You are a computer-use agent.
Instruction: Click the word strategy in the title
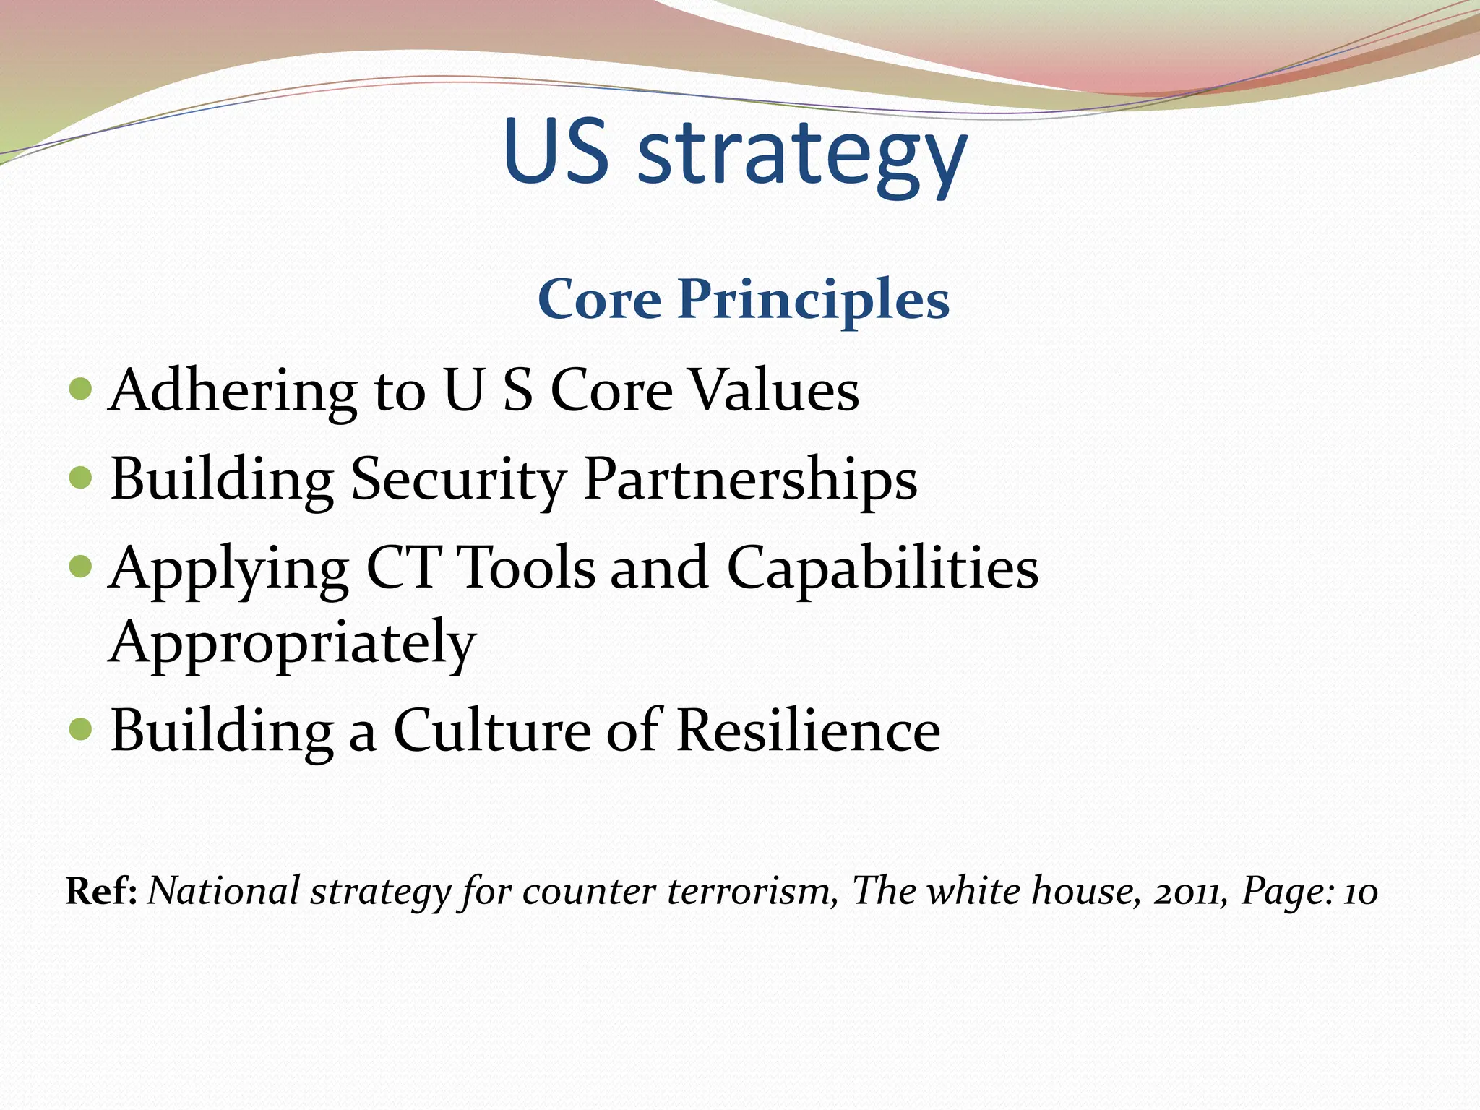click(802, 155)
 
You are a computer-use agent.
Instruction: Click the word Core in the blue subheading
click(599, 300)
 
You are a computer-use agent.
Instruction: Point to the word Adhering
click(232, 391)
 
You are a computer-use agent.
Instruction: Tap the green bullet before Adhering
click(81, 390)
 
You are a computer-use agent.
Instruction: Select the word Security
click(457, 480)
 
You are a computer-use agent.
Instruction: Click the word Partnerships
click(750, 480)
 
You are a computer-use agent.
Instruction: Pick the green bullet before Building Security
click(81, 478)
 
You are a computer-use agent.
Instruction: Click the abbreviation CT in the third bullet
click(404, 568)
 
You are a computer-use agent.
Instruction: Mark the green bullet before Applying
click(81, 567)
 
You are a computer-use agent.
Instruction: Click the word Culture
click(492, 731)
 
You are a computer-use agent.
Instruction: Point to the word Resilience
click(809, 731)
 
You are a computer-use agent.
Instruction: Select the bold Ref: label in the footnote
click(101, 891)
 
